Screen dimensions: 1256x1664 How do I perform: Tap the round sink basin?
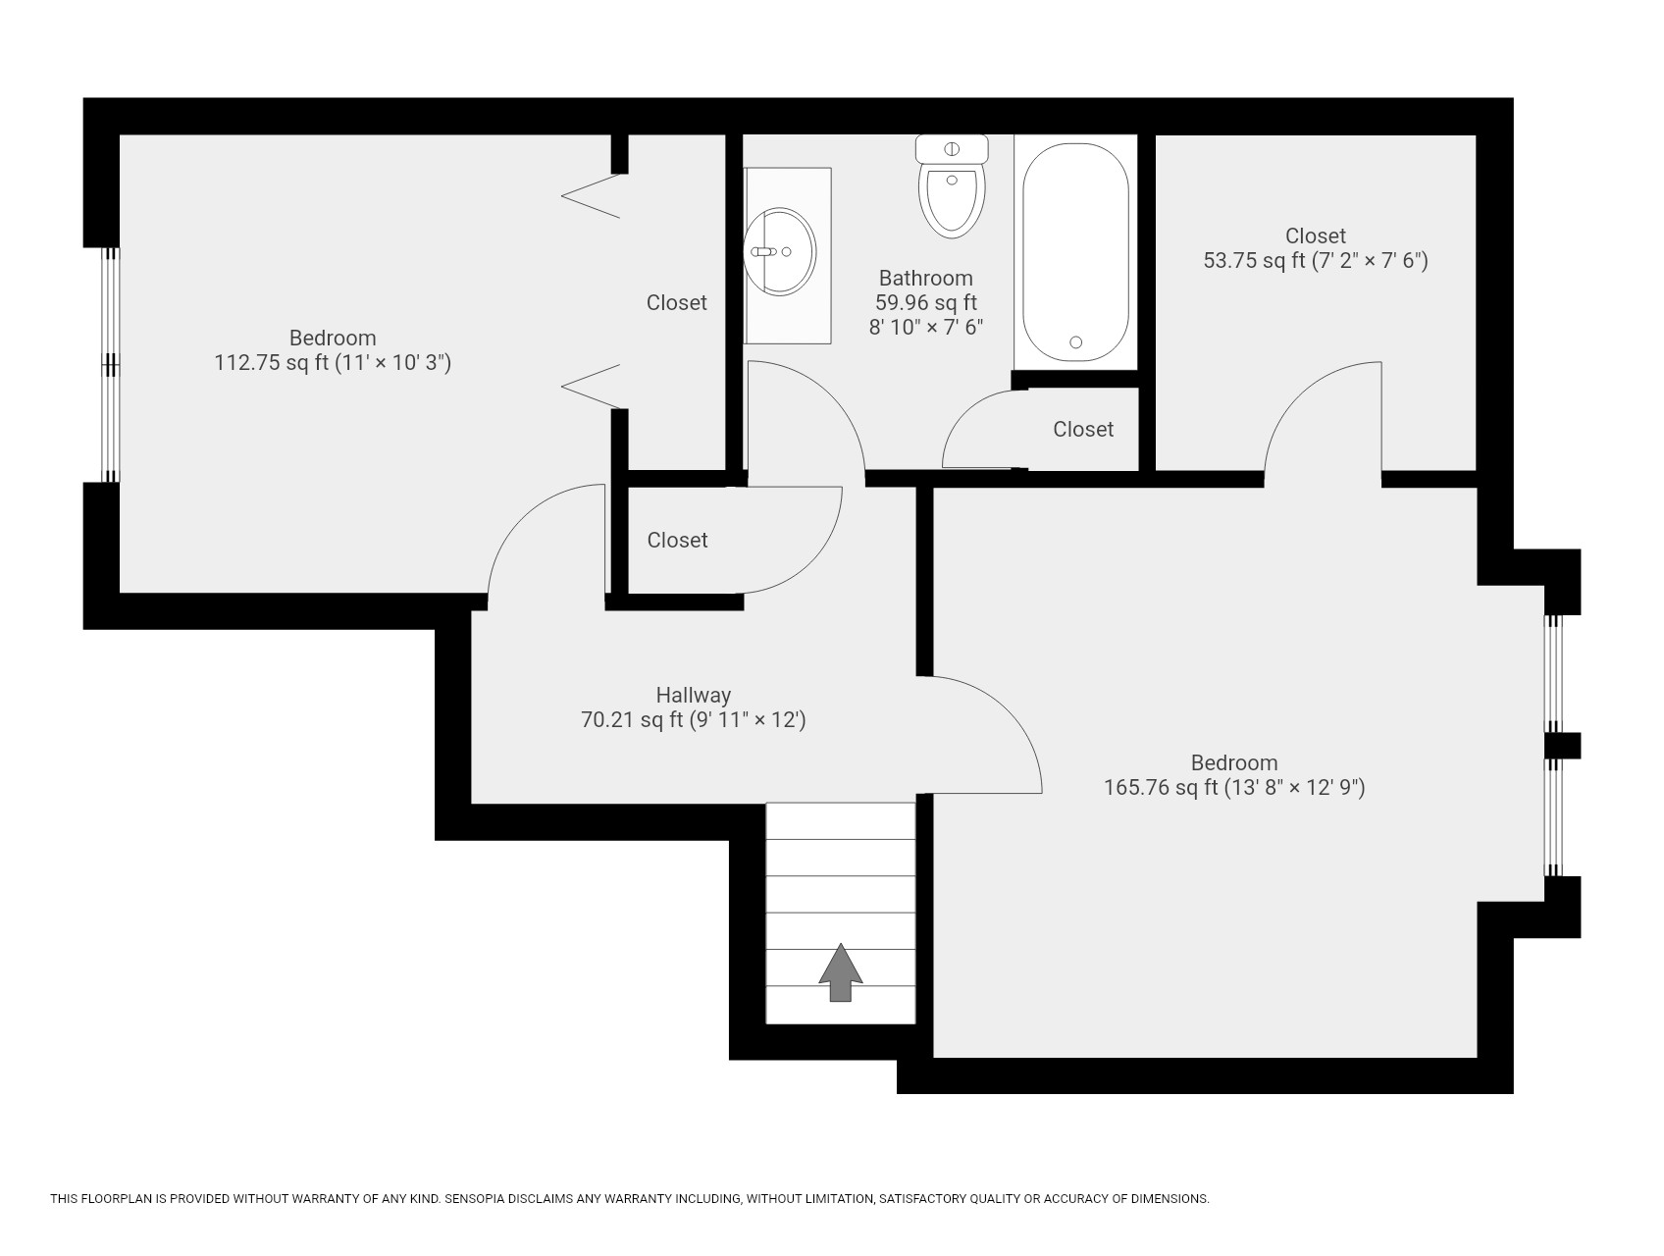779,251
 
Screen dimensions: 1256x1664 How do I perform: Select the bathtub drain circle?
1075,342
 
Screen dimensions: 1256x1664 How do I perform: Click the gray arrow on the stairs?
841,972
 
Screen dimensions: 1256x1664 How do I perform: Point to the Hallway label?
693,695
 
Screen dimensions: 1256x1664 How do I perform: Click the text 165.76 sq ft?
1161,787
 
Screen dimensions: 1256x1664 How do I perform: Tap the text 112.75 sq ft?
271,363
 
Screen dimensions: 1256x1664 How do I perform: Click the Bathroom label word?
925,278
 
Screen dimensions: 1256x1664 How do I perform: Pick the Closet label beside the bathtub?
1082,429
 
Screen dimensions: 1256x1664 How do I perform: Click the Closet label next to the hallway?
677,540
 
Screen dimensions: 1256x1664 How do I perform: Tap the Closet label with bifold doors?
676,302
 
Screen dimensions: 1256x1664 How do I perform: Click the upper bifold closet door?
592,195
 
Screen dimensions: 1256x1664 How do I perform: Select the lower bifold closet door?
592,386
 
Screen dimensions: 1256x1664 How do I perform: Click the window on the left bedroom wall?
111,364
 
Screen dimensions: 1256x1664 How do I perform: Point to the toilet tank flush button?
951,149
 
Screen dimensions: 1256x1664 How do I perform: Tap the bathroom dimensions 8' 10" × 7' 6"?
925,328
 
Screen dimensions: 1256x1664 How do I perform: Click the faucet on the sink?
764,251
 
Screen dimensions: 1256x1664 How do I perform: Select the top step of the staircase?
840,821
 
